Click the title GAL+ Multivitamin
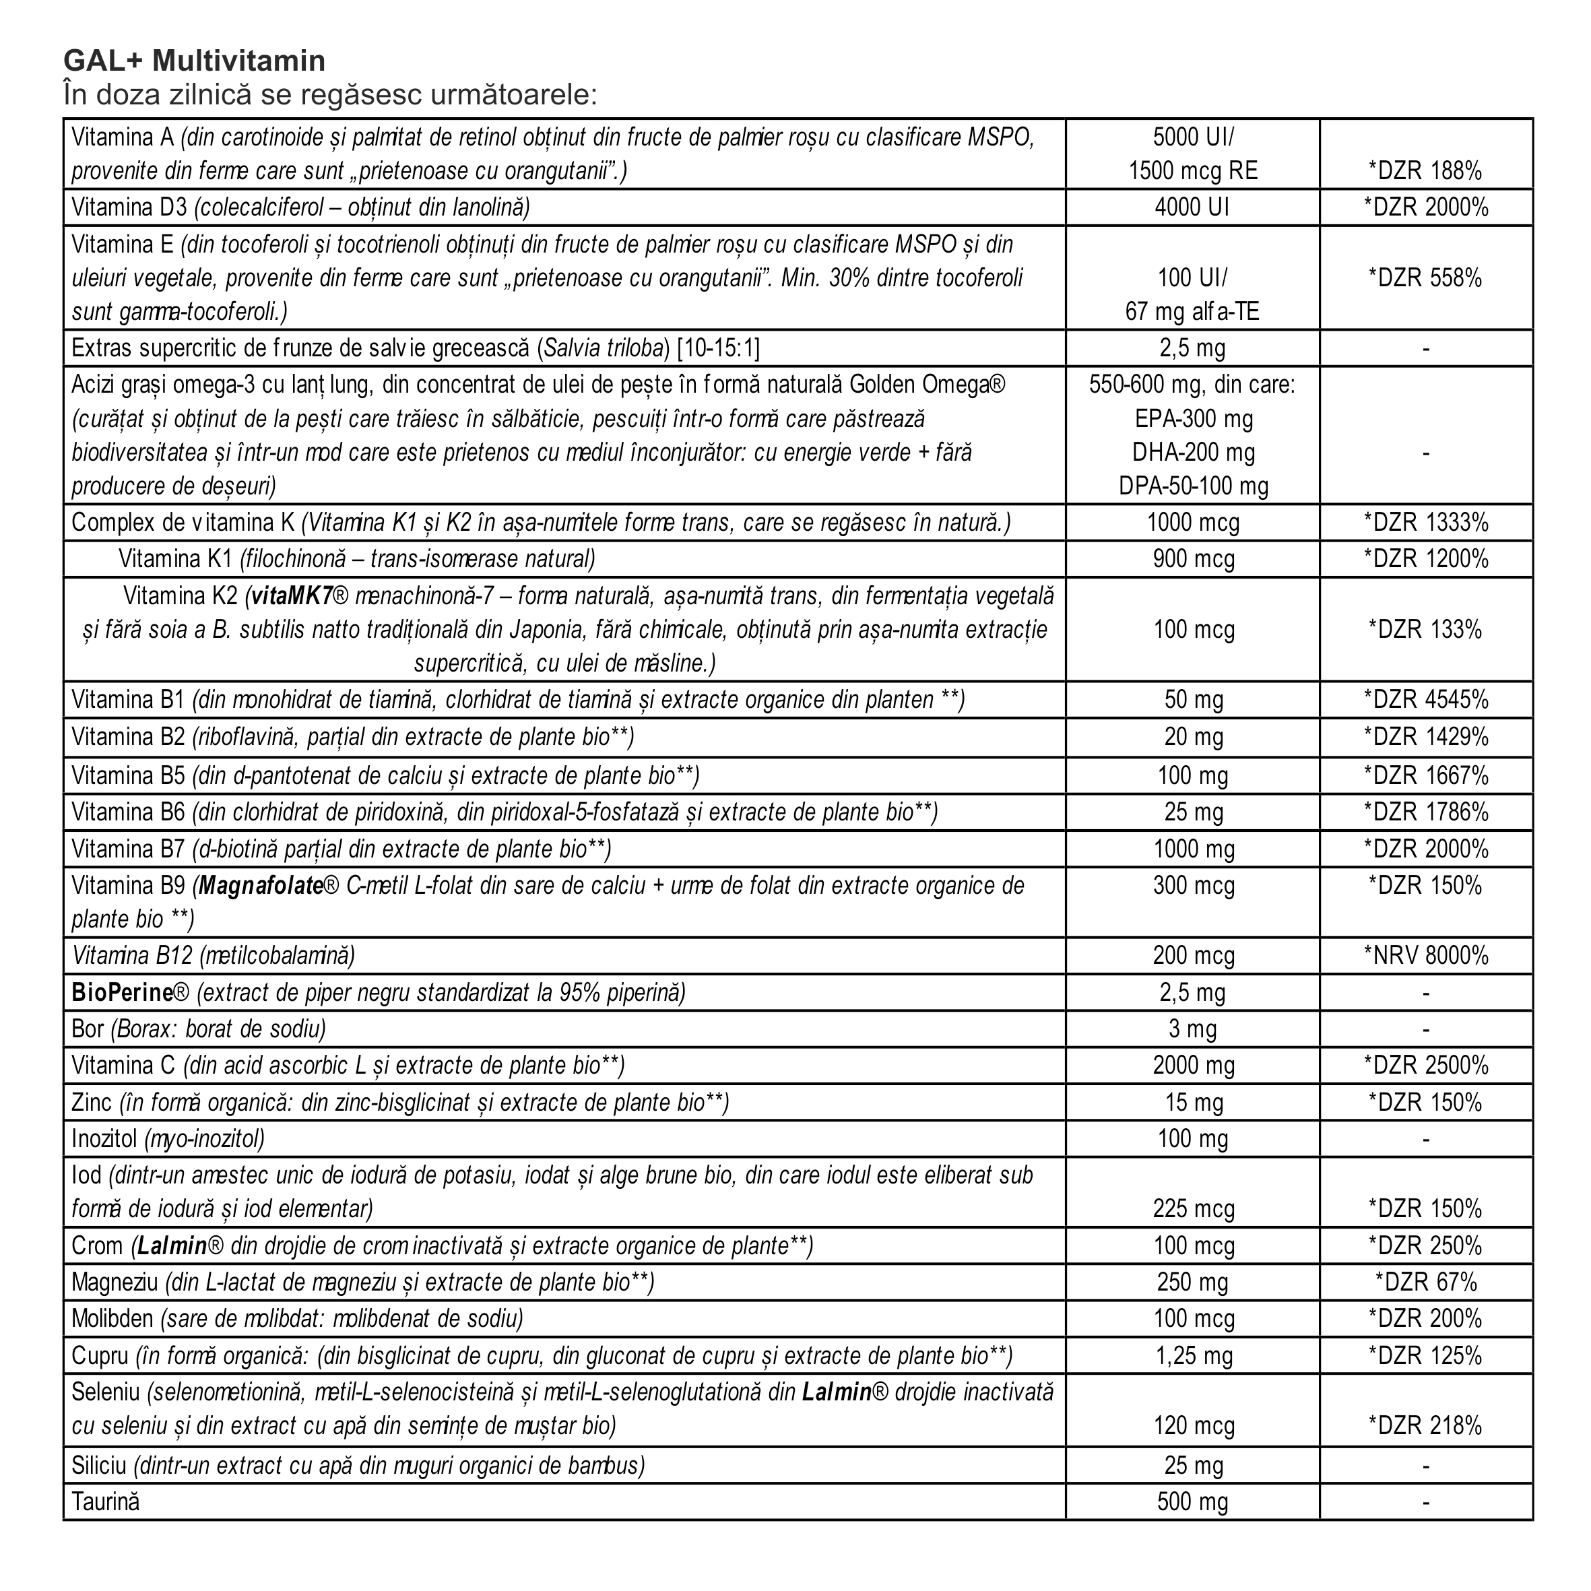195,61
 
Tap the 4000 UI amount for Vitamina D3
1192,207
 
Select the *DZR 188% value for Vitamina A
1425,171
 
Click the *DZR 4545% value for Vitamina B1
1425,700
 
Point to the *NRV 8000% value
1425,956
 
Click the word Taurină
105,1501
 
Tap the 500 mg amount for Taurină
1192,1501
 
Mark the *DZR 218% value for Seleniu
1425,1425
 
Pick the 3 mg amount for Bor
1192,1029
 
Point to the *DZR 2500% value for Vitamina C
1425,1066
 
